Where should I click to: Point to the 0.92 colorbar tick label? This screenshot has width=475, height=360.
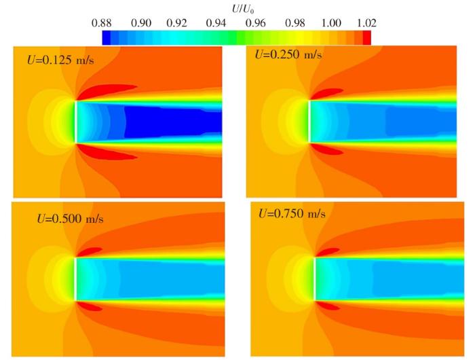178,22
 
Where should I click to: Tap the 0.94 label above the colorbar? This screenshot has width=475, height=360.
216,22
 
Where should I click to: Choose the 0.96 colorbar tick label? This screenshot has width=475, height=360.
255,22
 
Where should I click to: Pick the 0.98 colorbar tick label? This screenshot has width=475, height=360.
293,22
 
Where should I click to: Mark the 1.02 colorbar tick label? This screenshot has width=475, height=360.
365,22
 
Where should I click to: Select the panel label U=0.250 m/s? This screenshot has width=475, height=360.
288,54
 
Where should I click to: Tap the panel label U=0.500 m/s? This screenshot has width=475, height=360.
70,219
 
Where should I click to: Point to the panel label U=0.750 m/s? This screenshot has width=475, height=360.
292,213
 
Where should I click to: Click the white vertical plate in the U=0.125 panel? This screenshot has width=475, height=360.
75,122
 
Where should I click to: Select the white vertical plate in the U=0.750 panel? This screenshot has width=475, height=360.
315,279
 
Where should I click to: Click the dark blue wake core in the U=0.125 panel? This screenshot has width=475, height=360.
170,122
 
